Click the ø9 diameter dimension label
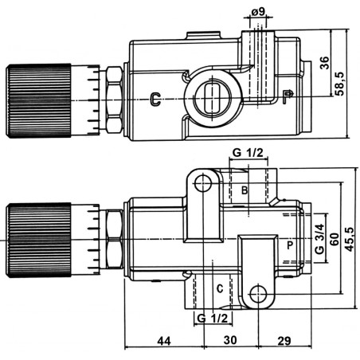(258, 12)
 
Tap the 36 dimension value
(324, 63)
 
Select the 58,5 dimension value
(339, 84)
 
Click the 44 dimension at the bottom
(164, 341)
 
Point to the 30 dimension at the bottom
(230, 340)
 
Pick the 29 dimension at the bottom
(284, 341)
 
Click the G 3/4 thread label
(319, 239)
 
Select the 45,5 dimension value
(350, 240)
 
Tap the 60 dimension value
(335, 239)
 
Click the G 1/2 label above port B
(248, 153)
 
